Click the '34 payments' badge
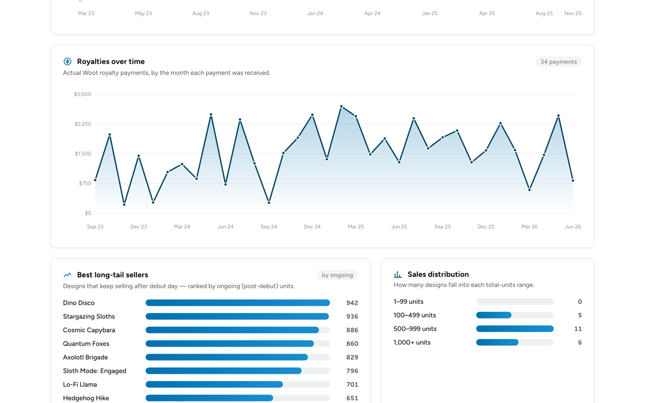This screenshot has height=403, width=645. (558, 61)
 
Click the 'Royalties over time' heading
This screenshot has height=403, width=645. (111, 61)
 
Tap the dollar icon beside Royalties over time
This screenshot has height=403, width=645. (68, 61)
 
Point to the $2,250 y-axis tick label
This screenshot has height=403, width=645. (83, 124)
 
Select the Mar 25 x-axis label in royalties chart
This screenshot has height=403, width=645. (356, 227)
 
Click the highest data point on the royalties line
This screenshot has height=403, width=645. (341, 106)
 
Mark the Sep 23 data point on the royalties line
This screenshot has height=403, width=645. (95, 180)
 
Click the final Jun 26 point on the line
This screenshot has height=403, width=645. (573, 181)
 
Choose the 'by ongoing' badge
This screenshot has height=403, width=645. (337, 275)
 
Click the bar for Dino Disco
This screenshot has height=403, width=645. (237, 303)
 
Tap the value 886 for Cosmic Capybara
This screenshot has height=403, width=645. (352, 330)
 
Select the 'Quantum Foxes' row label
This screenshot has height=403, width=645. (86, 344)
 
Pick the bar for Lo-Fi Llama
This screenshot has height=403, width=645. (214, 384)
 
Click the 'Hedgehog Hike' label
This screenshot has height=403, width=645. (86, 398)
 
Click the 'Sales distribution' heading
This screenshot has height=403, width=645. (438, 275)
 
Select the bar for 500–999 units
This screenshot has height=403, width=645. (515, 329)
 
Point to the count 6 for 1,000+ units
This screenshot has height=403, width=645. (579, 343)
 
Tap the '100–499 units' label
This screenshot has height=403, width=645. (415, 315)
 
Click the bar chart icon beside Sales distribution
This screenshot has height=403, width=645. (398, 275)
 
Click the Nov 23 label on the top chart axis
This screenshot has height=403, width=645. (258, 14)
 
